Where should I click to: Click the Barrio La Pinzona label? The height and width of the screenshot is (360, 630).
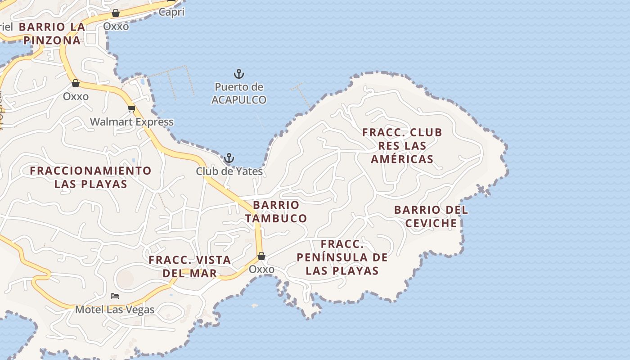52,33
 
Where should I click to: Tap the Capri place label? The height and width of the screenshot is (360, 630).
171,12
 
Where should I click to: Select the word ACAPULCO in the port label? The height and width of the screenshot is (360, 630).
239,99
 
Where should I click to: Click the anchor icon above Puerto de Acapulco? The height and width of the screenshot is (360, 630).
238,73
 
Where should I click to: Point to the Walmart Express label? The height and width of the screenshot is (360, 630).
131,121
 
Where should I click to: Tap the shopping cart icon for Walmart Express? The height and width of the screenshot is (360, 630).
131,108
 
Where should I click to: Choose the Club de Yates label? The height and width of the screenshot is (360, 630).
229,171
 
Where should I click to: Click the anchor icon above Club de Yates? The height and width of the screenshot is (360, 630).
229,158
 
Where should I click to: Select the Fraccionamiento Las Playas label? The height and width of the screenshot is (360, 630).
90,177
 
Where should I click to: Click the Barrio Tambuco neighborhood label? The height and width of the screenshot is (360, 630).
276,211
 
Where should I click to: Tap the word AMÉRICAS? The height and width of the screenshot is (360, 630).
402,159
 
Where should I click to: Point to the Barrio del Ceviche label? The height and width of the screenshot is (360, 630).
431,216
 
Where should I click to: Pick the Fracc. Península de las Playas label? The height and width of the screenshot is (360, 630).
342,257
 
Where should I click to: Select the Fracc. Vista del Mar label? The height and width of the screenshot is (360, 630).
190,266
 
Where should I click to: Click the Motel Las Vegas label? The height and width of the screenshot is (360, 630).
115,310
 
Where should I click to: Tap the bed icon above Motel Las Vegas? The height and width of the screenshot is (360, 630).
115,296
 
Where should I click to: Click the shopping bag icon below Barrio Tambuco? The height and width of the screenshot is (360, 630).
261,256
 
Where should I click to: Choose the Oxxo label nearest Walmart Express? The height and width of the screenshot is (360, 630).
76,96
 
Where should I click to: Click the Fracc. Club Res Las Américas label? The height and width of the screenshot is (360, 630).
402,146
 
